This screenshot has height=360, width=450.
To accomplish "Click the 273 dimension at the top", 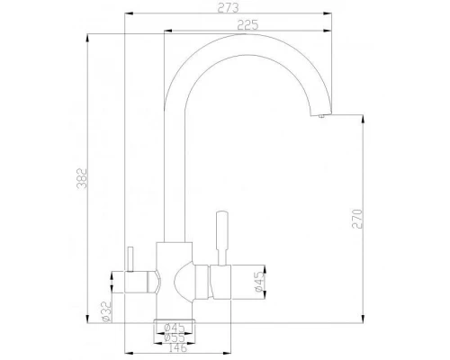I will coord(227,9).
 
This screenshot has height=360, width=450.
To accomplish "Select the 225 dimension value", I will coord(237,26).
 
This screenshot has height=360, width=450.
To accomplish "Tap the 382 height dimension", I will coord(83,178).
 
